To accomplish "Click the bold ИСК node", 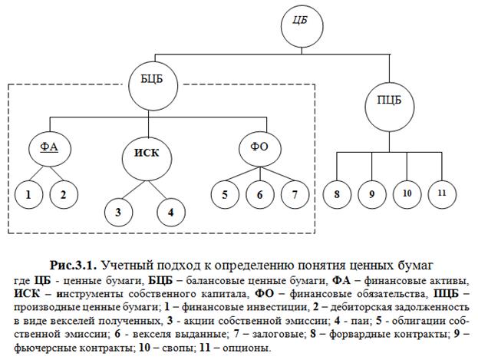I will pyautogui.click(x=146, y=152).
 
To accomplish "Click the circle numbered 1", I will pyautogui.click(x=28, y=193).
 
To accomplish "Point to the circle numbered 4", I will pyautogui.click(x=171, y=212).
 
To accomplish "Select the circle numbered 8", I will pyautogui.click(x=337, y=193).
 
